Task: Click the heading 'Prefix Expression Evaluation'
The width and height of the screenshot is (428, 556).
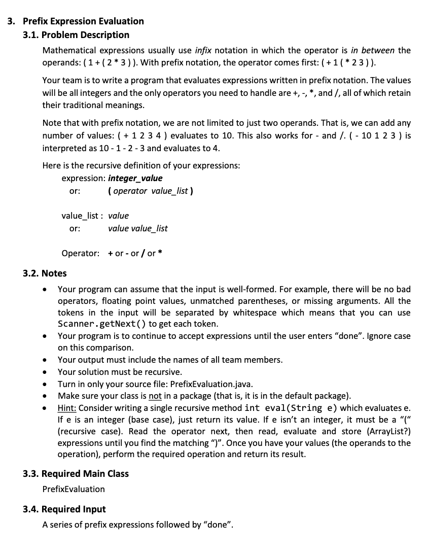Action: point(83,21)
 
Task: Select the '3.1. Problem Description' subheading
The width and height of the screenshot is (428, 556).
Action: point(76,35)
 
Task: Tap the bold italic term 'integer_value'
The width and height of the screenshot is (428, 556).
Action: point(135,179)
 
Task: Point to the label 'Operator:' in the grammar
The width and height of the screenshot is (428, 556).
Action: point(80,253)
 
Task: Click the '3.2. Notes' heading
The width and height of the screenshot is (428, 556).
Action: point(45,273)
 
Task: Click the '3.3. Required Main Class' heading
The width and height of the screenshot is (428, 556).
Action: point(76,474)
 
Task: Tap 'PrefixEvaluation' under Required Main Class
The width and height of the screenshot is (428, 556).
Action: point(74,490)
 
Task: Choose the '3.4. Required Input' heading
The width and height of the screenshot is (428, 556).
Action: point(64,509)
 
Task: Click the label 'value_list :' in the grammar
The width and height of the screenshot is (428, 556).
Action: point(82,216)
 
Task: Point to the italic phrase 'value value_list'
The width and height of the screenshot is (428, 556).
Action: point(138,229)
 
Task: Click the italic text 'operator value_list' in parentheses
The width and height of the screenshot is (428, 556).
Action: point(151,191)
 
